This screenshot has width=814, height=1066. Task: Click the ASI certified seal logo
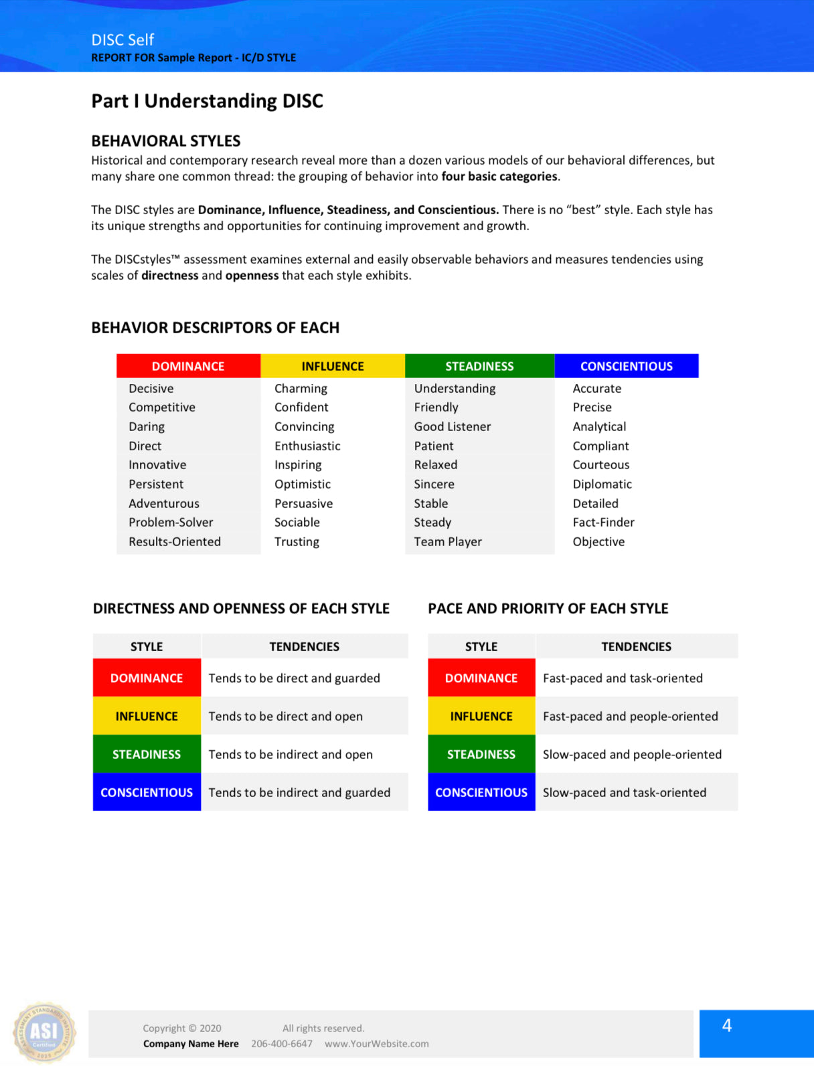tap(44, 1033)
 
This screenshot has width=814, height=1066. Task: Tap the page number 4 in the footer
tap(727, 1026)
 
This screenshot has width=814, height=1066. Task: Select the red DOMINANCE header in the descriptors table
tap(188, 366)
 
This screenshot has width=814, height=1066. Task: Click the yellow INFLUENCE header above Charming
tap(333, 366)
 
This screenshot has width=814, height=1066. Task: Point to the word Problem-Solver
tap(171, 523)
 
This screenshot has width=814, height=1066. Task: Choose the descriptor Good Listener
tap(453, 427)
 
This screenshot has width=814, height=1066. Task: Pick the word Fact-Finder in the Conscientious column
tap(603, 523)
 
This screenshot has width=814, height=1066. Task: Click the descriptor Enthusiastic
tap(307, 446)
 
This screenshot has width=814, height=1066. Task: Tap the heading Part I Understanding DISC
tap(207, 101)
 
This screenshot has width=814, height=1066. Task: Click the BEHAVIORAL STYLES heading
tap(166, 141)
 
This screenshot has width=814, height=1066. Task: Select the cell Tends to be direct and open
tap(286, 717)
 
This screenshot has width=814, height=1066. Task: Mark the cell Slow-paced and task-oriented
tap(625, 793)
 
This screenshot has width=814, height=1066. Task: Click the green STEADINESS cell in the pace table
tap(481, 755)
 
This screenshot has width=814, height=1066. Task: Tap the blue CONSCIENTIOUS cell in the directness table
tap(147, 793)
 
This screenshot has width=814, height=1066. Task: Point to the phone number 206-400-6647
tap(282, 1044)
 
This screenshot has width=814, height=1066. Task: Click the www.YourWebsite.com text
tap(377, 1044)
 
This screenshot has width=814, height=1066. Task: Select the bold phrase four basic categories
tap(499, 177)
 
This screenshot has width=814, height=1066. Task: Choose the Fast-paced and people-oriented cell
tap(631, 717)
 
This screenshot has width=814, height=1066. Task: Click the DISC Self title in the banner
tap(123, 40)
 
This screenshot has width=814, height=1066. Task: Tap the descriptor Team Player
tap(448, 542)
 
